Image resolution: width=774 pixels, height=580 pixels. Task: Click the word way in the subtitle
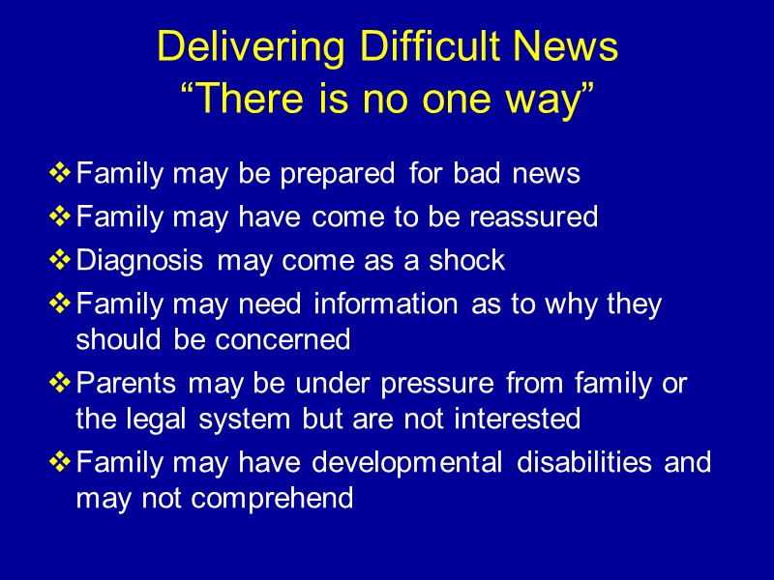545,98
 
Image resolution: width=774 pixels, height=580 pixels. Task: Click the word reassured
533,217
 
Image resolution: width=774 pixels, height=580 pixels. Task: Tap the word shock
469,260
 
